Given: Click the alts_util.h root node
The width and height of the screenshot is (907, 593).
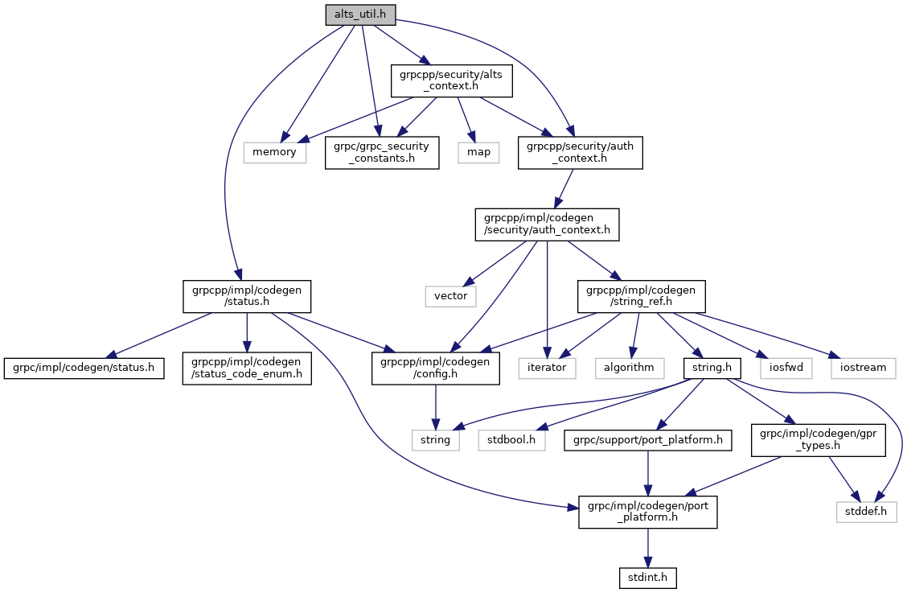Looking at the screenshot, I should pos(360,14).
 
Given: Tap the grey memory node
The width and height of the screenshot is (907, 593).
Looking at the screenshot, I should pos(275,151).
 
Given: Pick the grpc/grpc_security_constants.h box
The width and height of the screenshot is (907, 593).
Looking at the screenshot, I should pos(382,151).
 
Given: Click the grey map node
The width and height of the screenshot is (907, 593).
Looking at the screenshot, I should pos(479,151).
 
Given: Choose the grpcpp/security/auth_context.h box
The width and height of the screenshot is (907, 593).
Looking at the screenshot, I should pos(580,151).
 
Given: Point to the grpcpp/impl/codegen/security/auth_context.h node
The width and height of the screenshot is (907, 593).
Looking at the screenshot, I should pos(547,224).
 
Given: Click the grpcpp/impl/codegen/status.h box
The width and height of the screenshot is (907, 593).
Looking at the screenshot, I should pos(247,295).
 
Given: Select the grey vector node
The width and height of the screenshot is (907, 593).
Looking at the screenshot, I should pos(450,296).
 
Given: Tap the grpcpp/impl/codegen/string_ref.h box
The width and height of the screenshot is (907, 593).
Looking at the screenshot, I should pos(641,295).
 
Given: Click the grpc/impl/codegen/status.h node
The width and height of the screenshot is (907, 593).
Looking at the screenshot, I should pos(84,368).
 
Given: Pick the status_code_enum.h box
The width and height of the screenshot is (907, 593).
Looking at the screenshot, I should pos(246,368).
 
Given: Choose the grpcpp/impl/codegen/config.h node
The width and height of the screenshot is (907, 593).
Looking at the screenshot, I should pos(435,368).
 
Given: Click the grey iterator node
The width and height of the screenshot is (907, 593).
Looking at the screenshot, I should pos(548,368).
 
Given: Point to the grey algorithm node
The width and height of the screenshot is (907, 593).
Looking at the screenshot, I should pos(630,368).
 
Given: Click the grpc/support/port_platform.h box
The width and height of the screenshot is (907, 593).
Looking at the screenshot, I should pos(648,440).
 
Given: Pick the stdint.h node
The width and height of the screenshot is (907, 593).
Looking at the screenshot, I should pos(648,577).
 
